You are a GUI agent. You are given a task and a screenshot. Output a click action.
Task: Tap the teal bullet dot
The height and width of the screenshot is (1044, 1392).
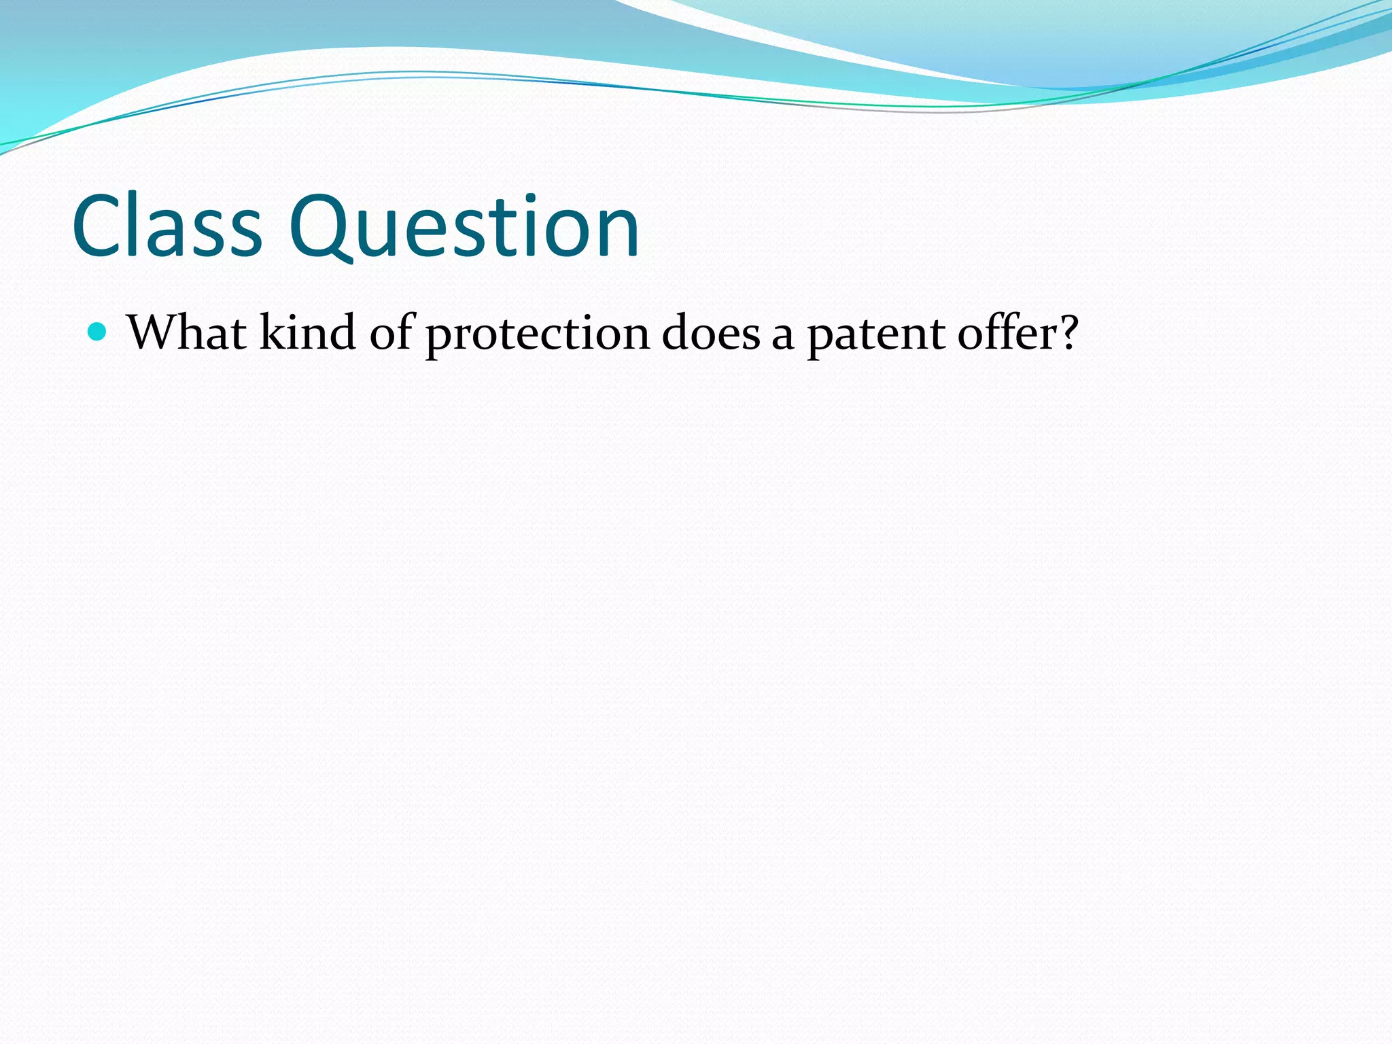click(99, 332)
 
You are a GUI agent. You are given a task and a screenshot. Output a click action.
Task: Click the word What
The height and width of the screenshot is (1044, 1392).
click(187, 333)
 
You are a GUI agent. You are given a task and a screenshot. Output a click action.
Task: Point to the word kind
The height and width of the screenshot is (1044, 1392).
click(307, 333)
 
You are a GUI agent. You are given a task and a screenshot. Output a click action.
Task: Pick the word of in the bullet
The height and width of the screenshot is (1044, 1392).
click(391, 333)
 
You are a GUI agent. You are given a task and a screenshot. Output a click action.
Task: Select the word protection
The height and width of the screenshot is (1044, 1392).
click(538, 334)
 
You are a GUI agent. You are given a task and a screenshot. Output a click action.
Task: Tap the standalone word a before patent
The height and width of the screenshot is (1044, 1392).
click(783, 337)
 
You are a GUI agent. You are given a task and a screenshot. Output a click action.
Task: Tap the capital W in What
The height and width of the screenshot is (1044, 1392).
click(152, 333)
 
